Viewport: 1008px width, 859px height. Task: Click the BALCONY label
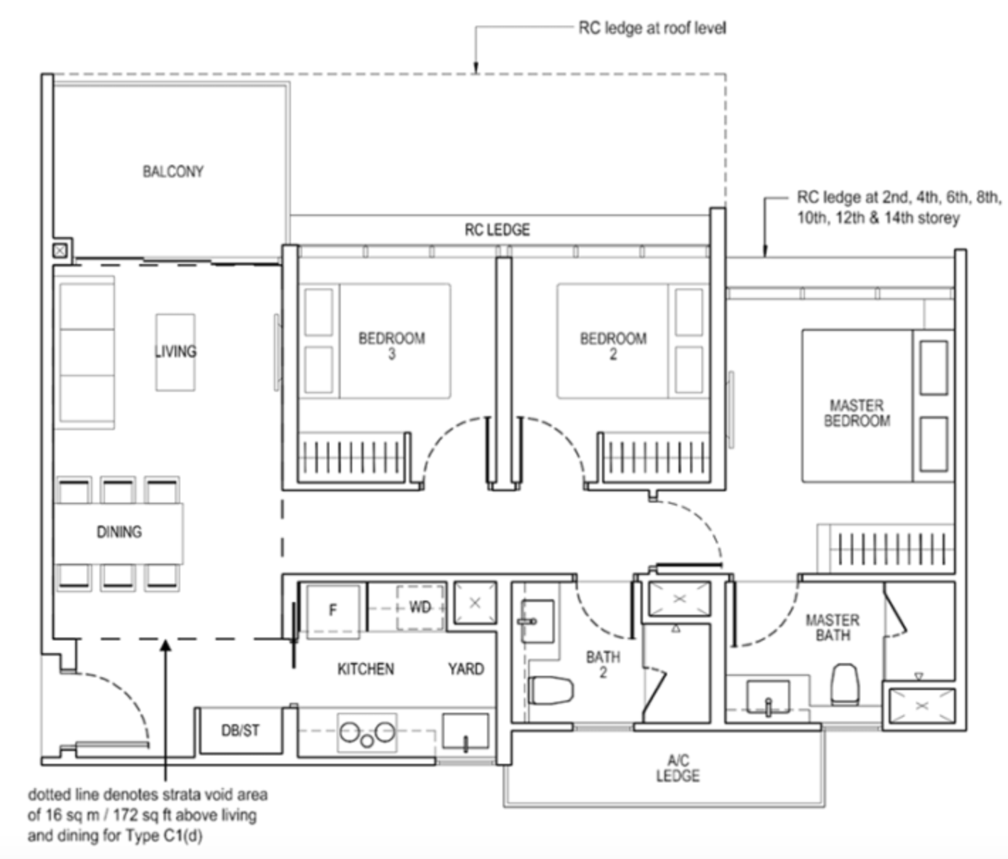tap(172, 171)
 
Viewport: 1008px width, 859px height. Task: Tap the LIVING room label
tap(175, 351)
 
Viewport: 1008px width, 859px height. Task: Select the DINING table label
tap(119, 532)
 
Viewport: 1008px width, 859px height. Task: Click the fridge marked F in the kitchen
tap(332, 608)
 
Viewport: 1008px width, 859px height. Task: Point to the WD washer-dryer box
tap(420, 607)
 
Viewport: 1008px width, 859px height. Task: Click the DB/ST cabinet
tap(240, 730)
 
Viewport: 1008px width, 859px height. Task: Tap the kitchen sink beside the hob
tap(465, 732)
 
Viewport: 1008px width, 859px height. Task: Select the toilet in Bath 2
tap(550, 690)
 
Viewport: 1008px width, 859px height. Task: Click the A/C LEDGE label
tap(677, 769)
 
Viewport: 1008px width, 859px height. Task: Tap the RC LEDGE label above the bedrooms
tap(497, 229)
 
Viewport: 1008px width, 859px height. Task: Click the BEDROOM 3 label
tap(391, 345)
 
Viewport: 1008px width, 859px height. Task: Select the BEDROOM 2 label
tap(613, 345)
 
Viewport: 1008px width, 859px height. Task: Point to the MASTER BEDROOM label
tap(856, 412)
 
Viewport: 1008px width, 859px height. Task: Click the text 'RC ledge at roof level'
tap(652, 28)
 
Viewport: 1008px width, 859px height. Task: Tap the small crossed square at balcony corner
tap(60, 251)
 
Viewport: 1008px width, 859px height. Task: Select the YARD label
tap(466, 669)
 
